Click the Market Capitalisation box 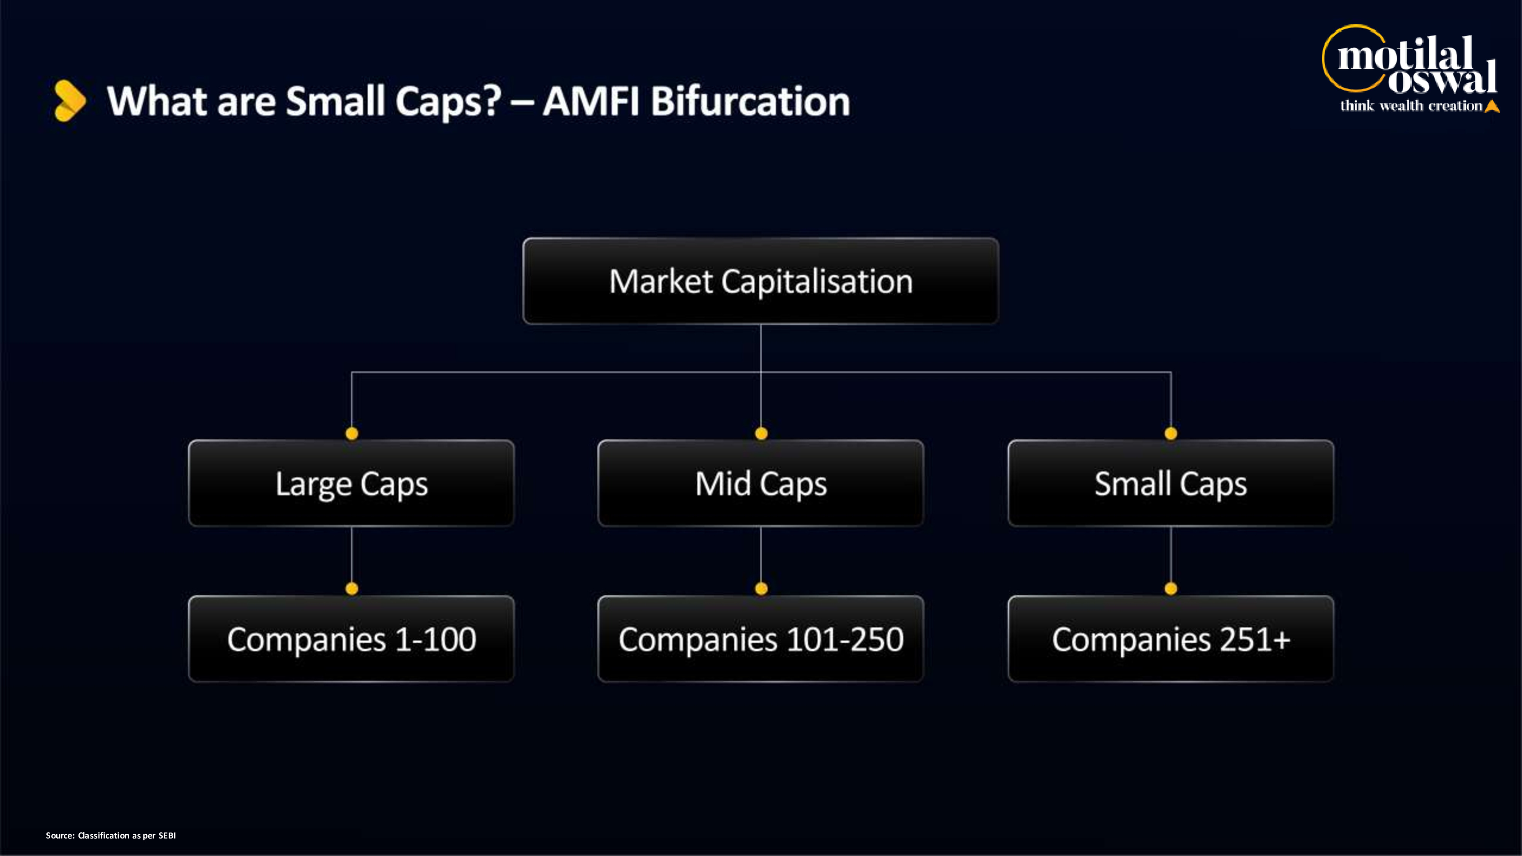click(760, 281)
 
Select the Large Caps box click(352, 483)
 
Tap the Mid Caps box click(761, 483)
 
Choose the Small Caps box click(1170, 483)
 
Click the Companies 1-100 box click(352, 639)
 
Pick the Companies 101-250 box click(761, 639)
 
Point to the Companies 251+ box click(1170, 639)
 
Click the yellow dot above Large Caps click(352, 434)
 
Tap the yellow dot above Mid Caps click(761, 434)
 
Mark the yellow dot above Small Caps click(1170, 434)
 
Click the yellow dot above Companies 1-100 click(352, 589)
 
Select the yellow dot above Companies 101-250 click(761, 589)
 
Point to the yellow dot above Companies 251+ click(1170, 589)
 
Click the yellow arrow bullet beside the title click(70, 100)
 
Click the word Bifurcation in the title click(750, 101)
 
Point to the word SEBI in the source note click(167, 835)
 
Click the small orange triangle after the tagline click(1492, 107)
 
